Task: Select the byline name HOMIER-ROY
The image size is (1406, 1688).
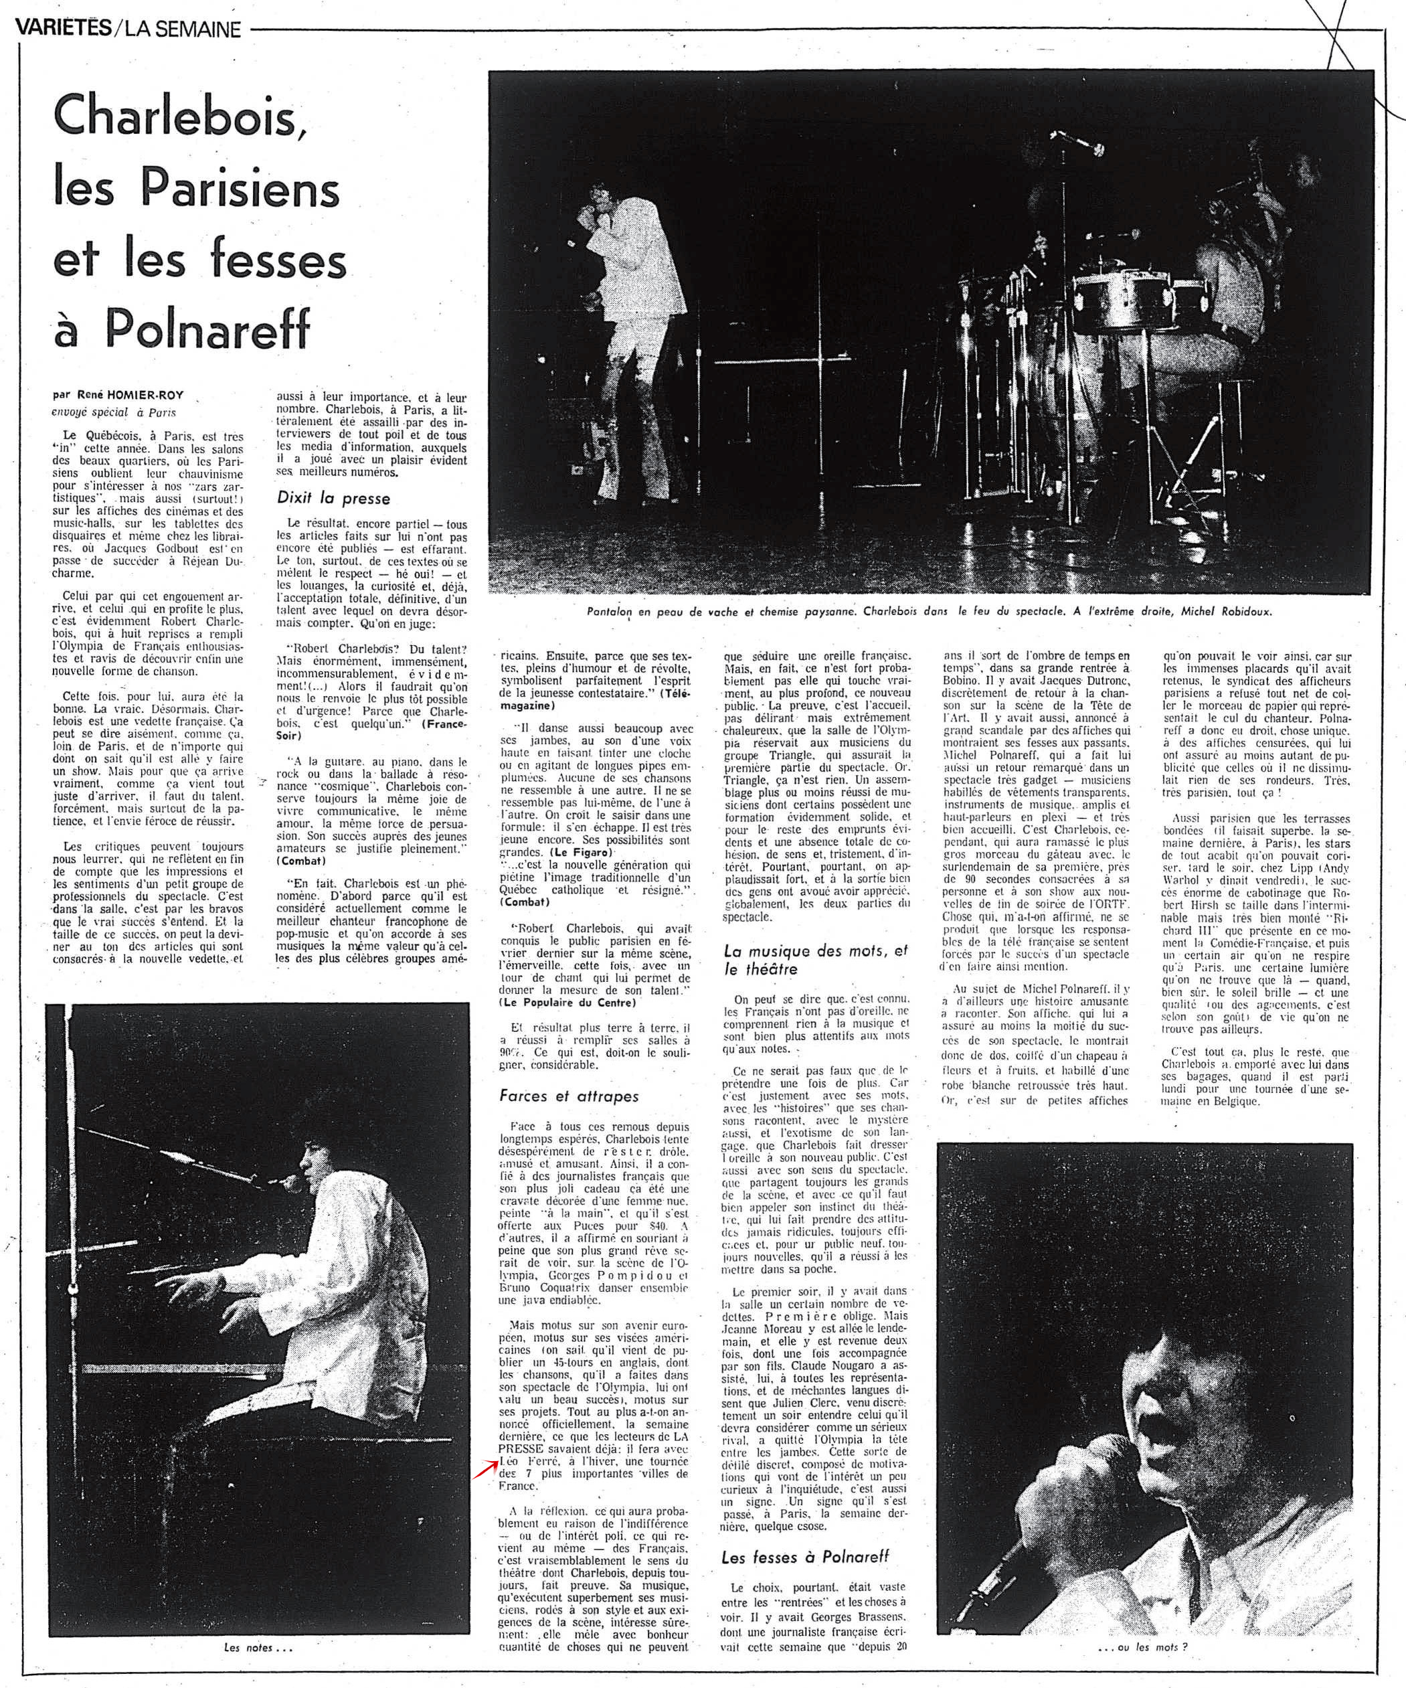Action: coord(159,396)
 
